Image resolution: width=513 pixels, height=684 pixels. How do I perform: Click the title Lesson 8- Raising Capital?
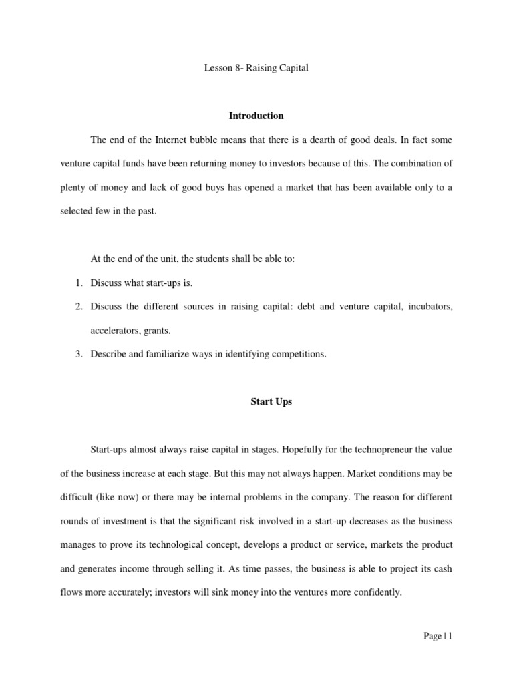pyautogui.click(x=256, y=68)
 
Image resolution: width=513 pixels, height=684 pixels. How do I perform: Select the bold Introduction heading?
pyautogui.click(x=256, y=116)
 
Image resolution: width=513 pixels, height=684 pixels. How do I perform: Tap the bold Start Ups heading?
pyautogui.click(x=271, y=402)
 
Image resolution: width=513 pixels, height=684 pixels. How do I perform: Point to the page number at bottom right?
pyautogui.click(x=438, y=637)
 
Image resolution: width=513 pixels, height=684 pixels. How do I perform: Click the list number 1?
pyautogui.click(x=78, y=283)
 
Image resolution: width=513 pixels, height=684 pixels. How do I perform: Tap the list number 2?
pyautogui.click(x=78, y=307)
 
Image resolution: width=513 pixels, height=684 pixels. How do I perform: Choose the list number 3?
pyautogui.click(x=78, y=355)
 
